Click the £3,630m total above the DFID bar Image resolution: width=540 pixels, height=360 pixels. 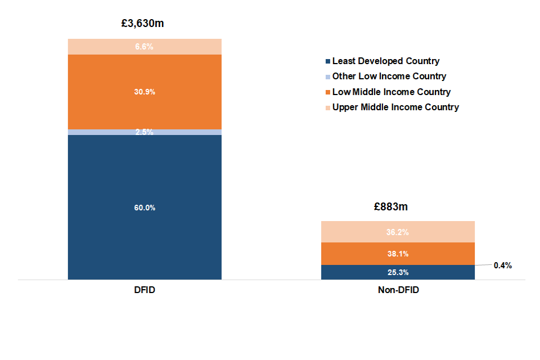[x=145, y=24]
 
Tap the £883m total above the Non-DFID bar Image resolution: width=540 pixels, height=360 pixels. [x=391, y=206]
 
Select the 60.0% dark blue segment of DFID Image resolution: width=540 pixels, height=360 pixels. [x=145, y=208]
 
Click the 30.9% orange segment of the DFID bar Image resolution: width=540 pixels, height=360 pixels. [x=145, y=92]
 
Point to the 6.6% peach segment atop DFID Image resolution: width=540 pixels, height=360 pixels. [x=145, y=47]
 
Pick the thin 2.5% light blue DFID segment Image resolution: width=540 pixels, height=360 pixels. [x=145, y=132]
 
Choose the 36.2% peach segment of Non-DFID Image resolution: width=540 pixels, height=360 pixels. [x=398, y=232]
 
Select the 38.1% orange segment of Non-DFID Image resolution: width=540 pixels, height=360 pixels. [x=398, y=254]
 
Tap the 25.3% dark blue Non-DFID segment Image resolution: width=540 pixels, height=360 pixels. [x=398, y=272]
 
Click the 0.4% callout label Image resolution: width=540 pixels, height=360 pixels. [x=502, y=265]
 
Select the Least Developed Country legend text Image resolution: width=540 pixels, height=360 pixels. [x=386, y=61]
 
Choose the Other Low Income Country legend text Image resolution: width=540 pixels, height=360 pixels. [x=389, y=76]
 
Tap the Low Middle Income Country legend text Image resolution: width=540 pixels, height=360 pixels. [x=391, y=92]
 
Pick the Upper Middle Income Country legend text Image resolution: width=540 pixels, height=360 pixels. [x=395, y=107]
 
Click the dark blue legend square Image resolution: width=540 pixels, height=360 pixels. [x=327, y=61]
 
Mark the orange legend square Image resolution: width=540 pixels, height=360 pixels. [x=327, y=92]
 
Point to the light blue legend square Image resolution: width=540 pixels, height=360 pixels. [x=327, y=76]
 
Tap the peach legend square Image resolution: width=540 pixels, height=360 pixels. [x=327, y=107]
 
